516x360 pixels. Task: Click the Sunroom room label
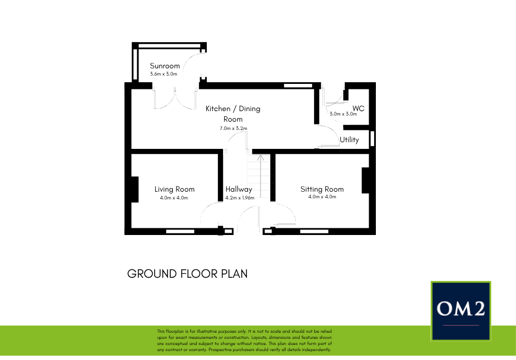click(165, 66)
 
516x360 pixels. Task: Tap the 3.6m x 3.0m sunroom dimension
click(163, 74)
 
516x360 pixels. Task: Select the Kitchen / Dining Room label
click(233, 113)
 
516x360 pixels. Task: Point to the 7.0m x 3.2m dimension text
click(233, 128)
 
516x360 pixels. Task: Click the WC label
click(358, 108)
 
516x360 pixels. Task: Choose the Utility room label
click(349, 140)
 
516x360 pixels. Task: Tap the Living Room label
click(174, 189)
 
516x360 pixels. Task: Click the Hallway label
click(239, 189)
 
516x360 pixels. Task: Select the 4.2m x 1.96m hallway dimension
click(240, 197)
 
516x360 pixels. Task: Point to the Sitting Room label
click(322, 189)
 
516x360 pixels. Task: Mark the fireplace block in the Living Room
click(134, 189)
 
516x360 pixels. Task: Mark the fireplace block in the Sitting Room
click(365, 181)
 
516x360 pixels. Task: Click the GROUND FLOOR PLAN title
click(187, 274)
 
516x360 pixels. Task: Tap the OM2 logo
click(461, 310)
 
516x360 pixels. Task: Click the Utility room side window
click(373, 137)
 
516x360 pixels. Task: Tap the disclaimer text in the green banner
click(245, 341)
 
